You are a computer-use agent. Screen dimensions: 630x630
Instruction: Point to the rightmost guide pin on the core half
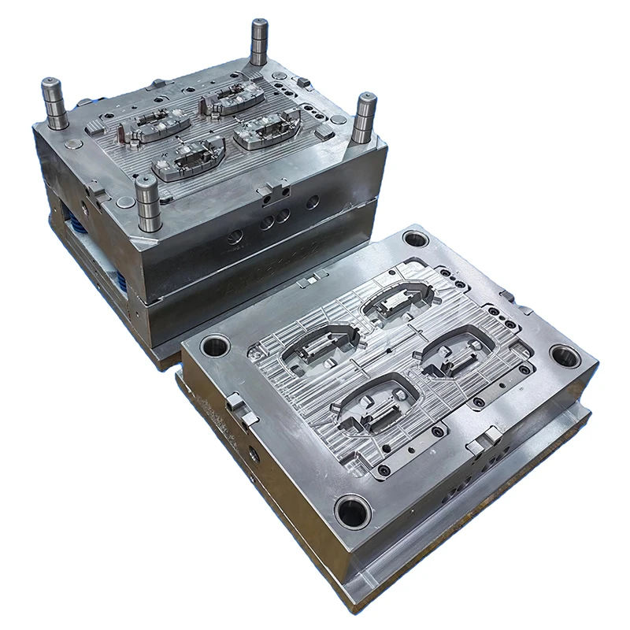click(x=364, y=118)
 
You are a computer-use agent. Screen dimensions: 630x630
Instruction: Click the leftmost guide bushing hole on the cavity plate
click(x=215, y=346)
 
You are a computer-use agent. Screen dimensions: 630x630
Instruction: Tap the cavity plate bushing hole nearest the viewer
click(x=353, y=512)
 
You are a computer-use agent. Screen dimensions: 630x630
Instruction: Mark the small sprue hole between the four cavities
click(x=388, y=346)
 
